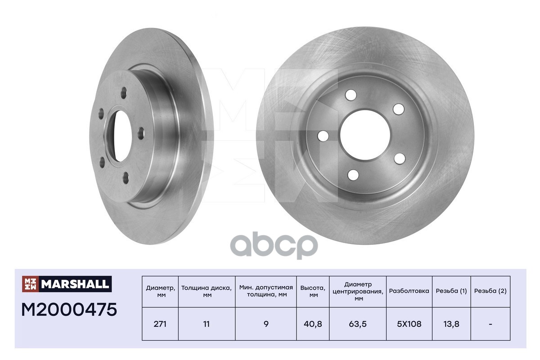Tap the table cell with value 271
point(160,324)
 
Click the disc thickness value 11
point(207,324)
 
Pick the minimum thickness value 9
point(266,324)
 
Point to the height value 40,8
point(313,324)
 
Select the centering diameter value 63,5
point(358,324)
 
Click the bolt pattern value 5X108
point(409,324)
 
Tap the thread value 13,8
point(451,324)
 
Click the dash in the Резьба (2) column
point(490,324)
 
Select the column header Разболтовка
point(409,291)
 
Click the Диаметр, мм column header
point(160,291)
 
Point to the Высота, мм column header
point(313,291)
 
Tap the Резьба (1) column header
point(451,291)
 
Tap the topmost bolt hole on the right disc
point(351,95)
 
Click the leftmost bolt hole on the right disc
point(323,135)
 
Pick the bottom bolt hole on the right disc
point(354,175)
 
